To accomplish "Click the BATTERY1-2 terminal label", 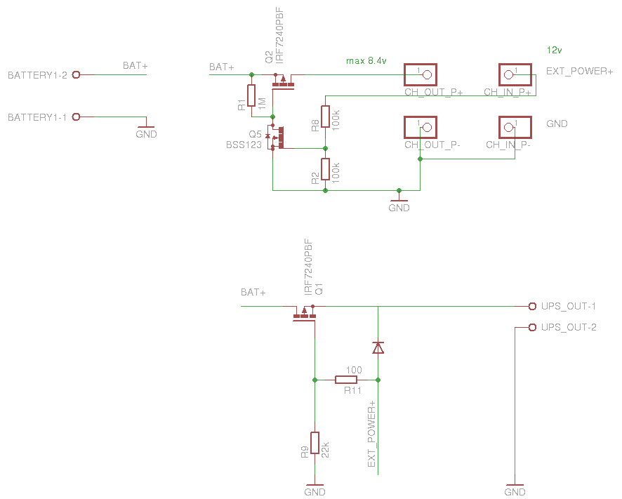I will (37, 75).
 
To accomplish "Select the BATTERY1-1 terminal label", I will (37, 117).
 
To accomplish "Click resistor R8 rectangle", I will (325, 116).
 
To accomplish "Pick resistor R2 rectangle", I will (325, 169).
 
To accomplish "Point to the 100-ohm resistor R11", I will (346, 380).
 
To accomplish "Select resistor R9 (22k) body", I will (315, 443).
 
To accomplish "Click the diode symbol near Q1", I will (378, 347).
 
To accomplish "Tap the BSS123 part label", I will (243, 145).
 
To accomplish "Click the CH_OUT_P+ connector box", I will (421, 74).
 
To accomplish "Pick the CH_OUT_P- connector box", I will (421, 127).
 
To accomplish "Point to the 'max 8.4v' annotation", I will (366, 61).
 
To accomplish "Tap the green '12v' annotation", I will (554, 50).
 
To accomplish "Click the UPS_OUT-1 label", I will (569, 307).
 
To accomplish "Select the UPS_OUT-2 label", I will (569, 328).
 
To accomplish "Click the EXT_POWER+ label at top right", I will (580, 71).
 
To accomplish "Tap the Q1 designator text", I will (319, 288).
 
